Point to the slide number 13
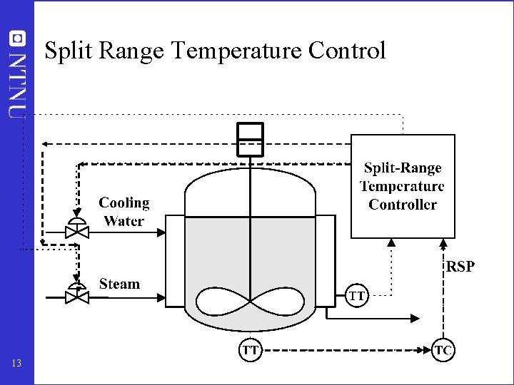point(17,364)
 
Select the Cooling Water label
point(124,212)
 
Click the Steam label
point(119,284)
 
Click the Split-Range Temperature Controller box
point(403,186)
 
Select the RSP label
point(460,267)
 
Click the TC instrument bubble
point(443,350)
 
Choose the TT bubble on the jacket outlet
point(358,294)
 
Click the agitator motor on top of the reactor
point(250,138)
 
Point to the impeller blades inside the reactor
point(250,302)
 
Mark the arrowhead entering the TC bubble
point(428,350)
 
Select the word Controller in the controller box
point(403,205)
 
